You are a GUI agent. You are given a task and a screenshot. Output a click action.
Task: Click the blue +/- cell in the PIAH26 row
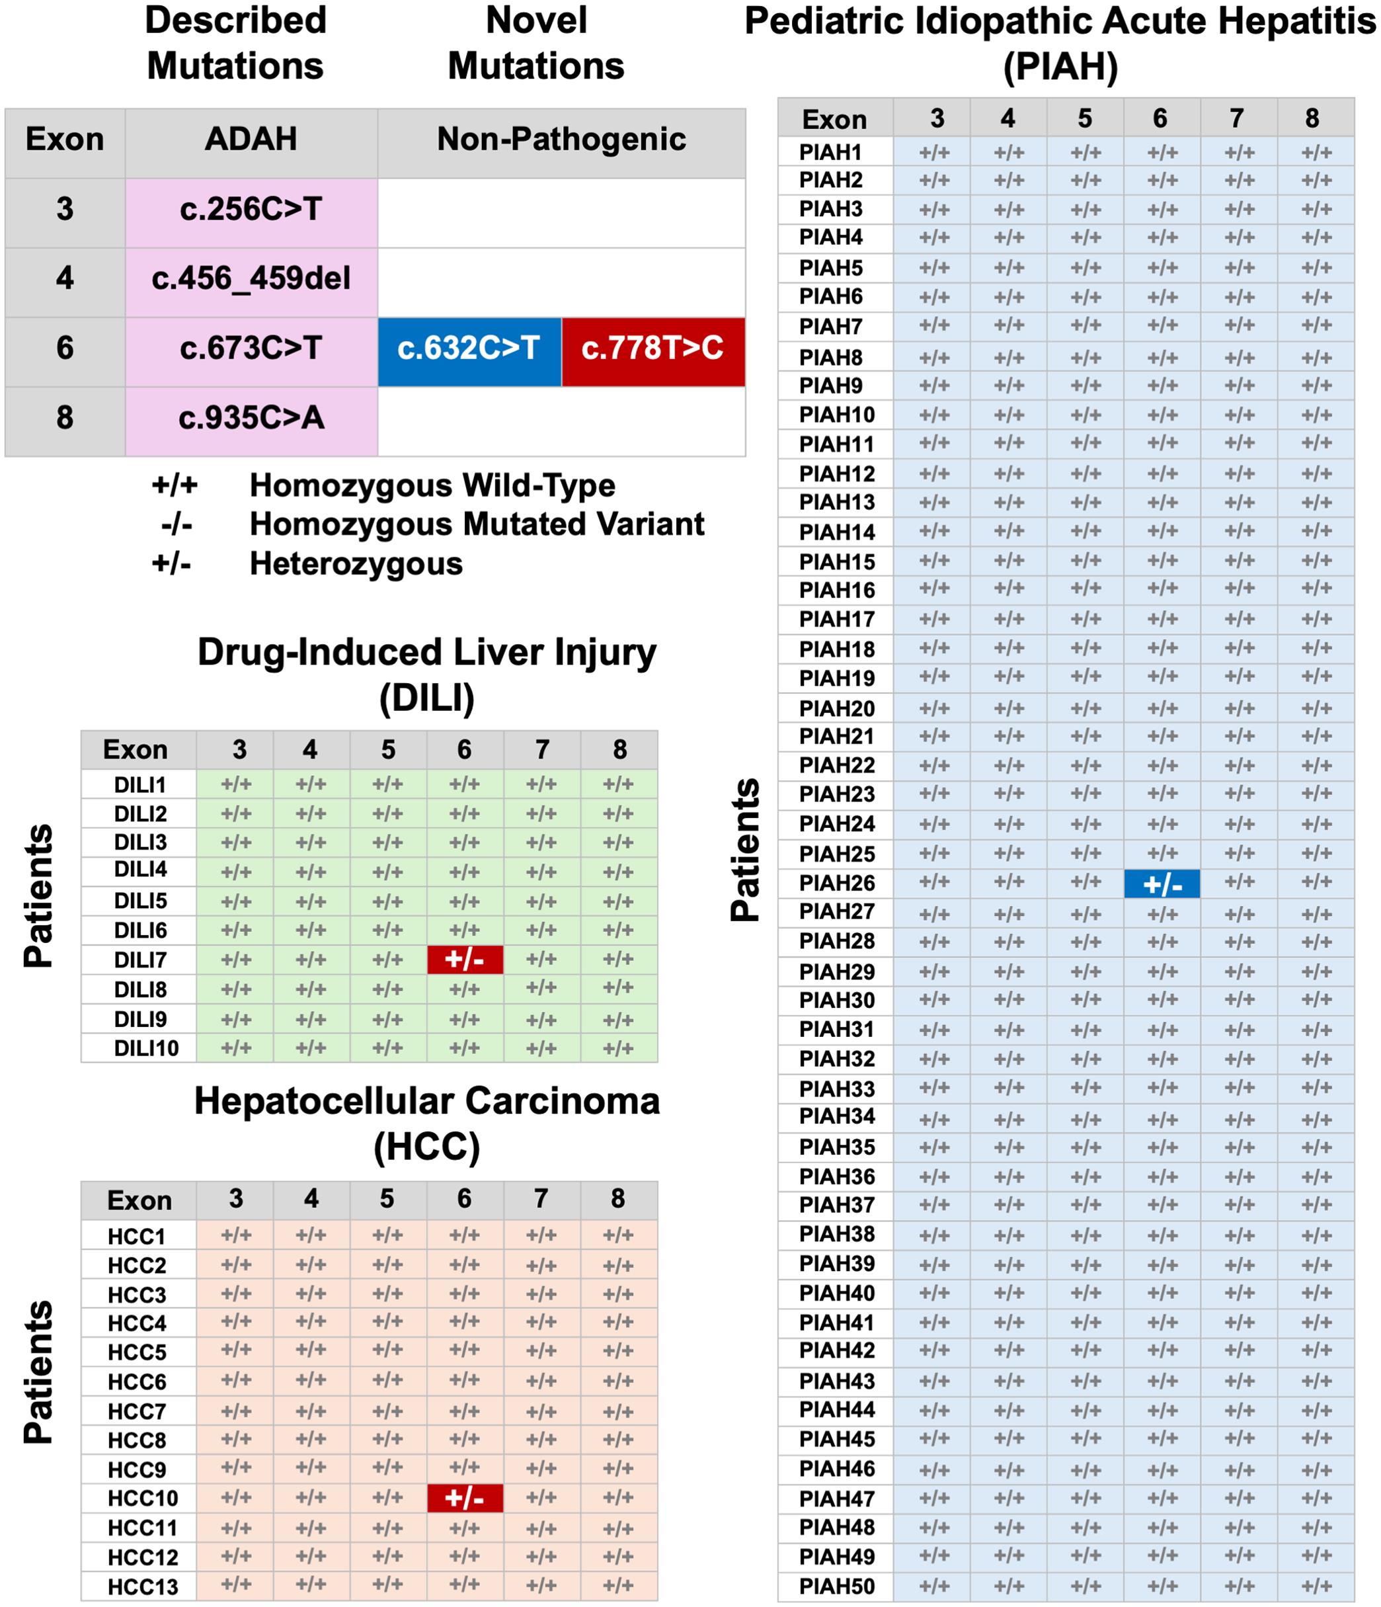1161,884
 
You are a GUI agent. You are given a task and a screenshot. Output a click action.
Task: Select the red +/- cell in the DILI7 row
465,960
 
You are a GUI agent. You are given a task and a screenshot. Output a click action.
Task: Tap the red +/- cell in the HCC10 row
465,1499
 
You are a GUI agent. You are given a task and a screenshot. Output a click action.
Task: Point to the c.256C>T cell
251,210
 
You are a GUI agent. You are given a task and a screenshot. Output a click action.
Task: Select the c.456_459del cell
251,278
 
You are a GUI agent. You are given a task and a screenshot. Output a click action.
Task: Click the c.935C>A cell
251,418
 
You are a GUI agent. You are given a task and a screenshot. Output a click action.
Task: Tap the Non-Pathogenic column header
561,140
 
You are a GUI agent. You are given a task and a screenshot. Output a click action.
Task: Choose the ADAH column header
251,140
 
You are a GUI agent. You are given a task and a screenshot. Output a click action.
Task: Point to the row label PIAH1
830,152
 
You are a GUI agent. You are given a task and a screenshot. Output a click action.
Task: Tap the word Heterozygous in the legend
356,564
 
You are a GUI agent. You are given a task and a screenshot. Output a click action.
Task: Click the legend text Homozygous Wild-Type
432,485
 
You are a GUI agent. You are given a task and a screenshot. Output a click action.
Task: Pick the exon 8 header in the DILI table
619,749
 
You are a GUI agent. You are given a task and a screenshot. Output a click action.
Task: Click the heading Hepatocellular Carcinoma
426,1100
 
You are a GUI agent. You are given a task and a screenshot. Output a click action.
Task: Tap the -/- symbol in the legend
176,525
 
